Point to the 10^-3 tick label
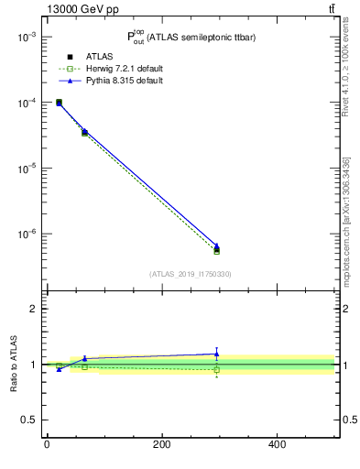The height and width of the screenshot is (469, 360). [x=25, y=37]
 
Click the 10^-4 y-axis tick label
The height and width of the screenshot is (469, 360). [x=25, y=103]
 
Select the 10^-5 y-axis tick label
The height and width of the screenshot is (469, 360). [x=25, y=169]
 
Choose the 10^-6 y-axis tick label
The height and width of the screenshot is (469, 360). [x=25, y=234]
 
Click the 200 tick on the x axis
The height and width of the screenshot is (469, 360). [x=161, y=444]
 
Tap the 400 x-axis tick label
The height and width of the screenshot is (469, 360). [x=277, y=444]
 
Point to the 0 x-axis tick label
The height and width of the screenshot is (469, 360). [x=47, y=444]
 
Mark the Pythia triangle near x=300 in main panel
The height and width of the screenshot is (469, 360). [x=216, y=245]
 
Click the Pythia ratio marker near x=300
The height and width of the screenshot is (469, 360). [x=216, y=354]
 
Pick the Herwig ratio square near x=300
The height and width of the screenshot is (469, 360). [x=216, y=370]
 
